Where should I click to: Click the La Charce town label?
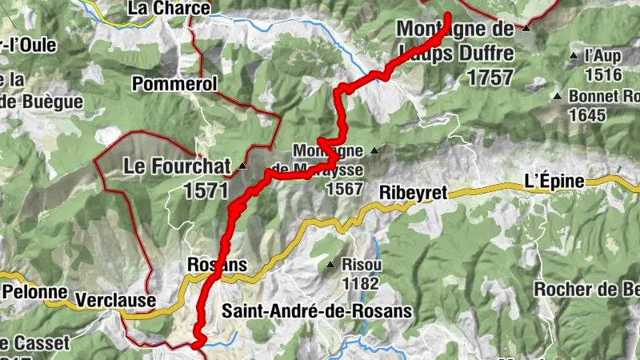click(x=169, y=9)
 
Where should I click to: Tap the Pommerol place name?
click(x=174, y=83)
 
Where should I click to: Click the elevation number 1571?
click(x=206, y=190)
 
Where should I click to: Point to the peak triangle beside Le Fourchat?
click(x=242, y=166)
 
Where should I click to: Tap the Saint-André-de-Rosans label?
click(x=318, y=310)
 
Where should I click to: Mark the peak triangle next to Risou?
click(x=330, y=265)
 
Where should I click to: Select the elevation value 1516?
click(x=603, y=74)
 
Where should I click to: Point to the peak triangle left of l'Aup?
click(x=574, y=56)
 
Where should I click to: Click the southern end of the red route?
click(x=196, y=345)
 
